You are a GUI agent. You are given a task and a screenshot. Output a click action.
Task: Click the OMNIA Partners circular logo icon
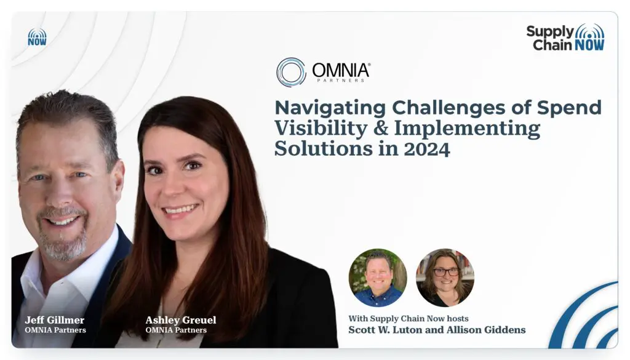pos(291,73)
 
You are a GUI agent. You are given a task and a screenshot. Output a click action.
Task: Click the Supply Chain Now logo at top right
pos(565,38)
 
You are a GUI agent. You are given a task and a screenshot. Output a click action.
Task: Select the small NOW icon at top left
pos(37,37)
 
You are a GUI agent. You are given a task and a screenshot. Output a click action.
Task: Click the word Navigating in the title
pos(330,108)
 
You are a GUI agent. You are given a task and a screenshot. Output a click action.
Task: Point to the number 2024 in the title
pos(427,149)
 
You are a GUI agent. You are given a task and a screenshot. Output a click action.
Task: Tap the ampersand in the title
pos(380,129)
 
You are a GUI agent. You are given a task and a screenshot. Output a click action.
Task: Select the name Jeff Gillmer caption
pos(55,320)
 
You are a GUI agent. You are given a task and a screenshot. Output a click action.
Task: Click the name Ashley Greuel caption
pos(181,320)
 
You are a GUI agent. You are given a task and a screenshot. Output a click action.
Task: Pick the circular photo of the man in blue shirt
pos(378,278)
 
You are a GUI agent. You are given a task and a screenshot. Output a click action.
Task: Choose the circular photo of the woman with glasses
pos(445,278)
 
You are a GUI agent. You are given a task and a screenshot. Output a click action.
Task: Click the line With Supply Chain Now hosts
pos(409,319)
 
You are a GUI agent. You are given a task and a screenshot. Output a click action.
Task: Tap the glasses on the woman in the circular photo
pos(445,272)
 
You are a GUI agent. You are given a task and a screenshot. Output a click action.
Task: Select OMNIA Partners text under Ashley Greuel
pos(176,330)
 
